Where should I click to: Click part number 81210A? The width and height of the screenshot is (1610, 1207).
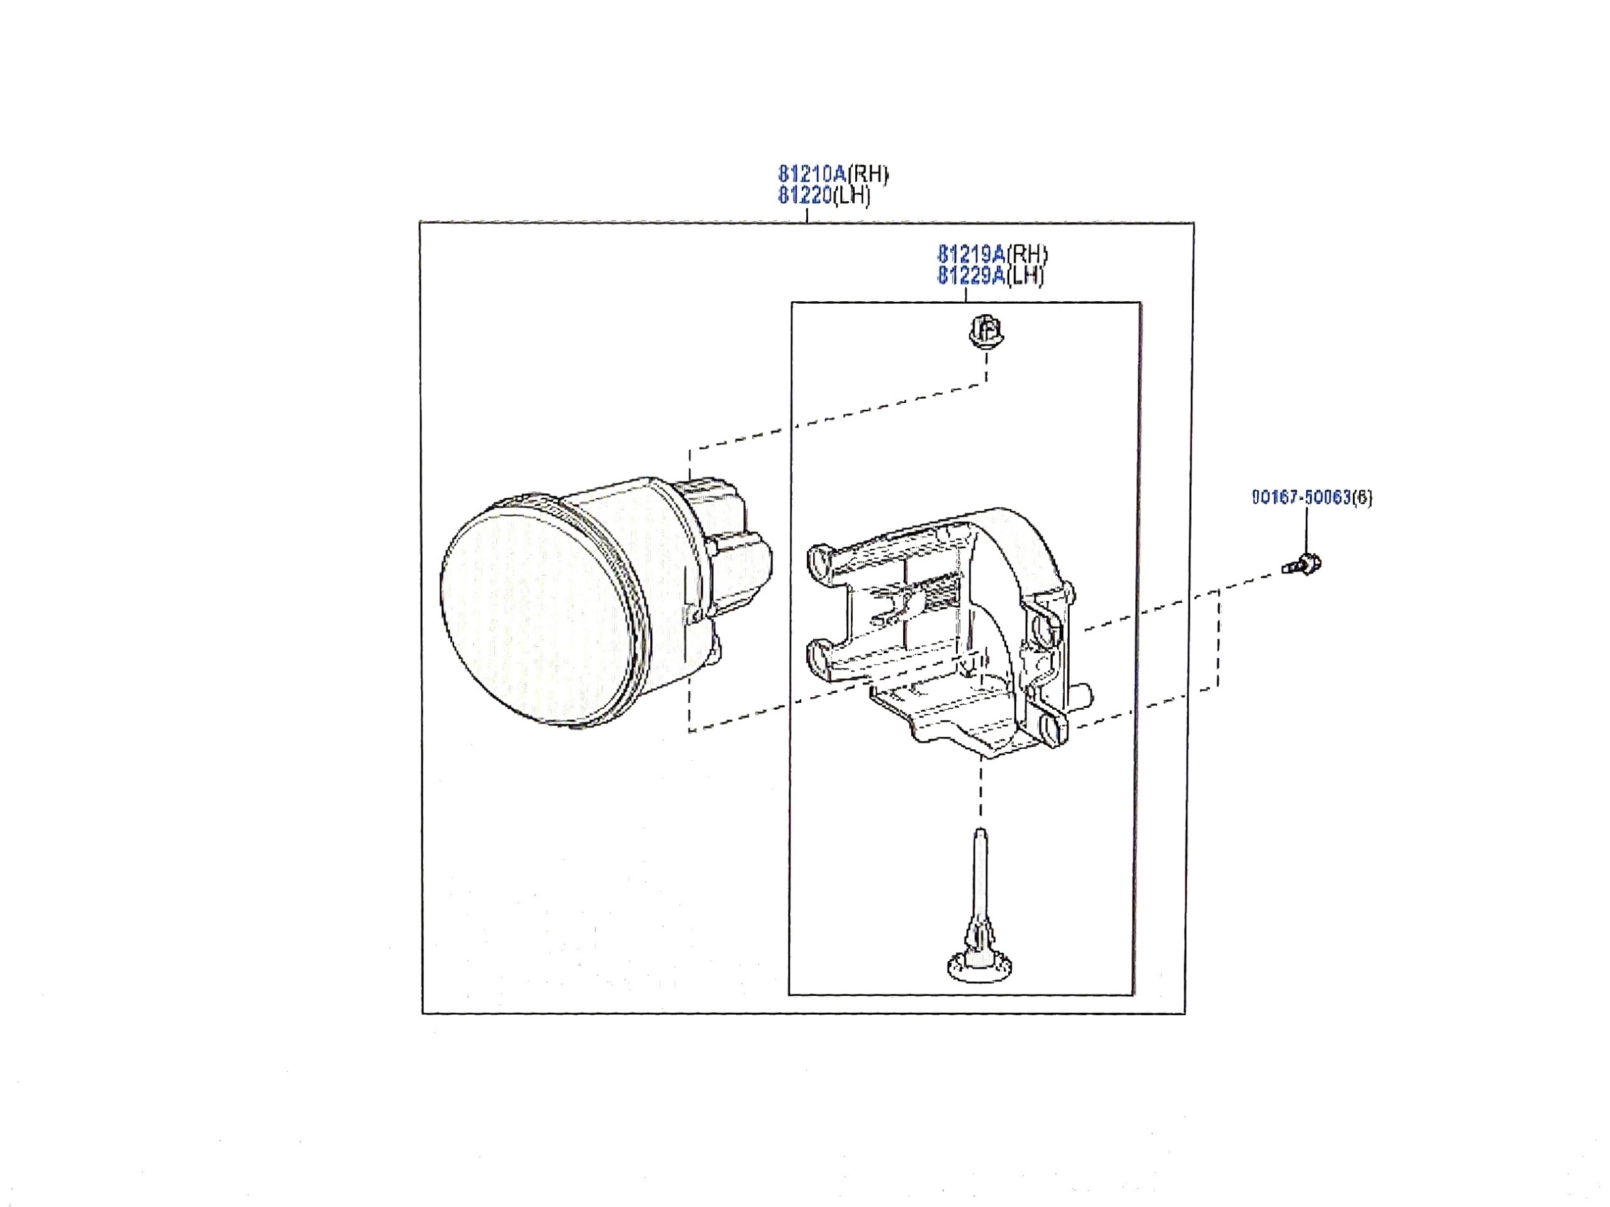[813, 174]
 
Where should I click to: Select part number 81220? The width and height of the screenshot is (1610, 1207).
[805, 196]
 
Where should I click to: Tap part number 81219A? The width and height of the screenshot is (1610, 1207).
[972, 254]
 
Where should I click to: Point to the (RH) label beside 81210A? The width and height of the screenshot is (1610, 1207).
[868, 175]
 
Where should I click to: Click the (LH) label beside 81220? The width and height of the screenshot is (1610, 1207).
[852, 196]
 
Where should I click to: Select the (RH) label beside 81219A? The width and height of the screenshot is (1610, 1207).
[1027, 255]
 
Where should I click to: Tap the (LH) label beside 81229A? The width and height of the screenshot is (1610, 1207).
[1025, 276]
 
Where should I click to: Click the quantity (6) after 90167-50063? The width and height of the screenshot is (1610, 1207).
[1363, 498]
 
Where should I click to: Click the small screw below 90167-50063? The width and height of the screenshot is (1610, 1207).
[1302, 565]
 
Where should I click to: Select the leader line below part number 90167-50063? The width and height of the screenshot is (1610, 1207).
[1306, 531]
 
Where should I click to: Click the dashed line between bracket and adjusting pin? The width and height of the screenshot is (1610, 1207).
[981, 791]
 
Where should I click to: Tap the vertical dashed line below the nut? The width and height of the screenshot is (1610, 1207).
[986, 369]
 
